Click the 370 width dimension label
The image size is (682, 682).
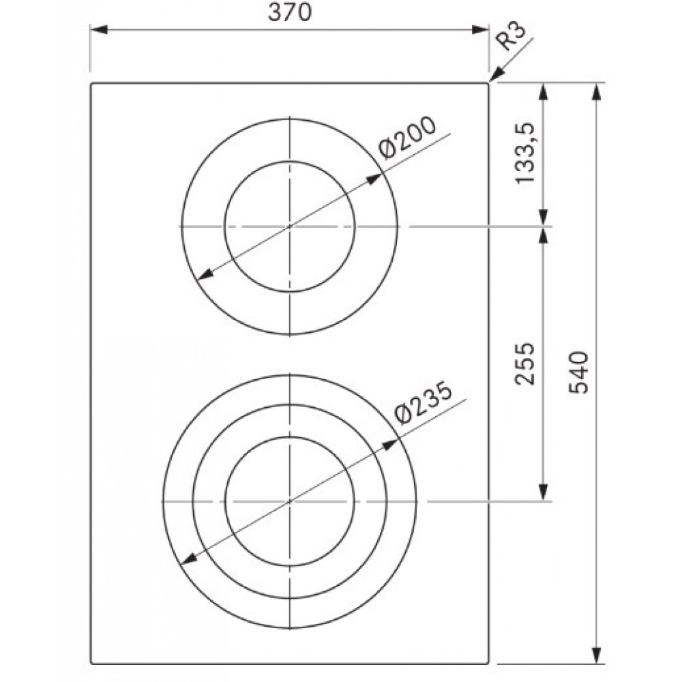[x=289, y=12]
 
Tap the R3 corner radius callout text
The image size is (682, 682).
[x=512, y=37]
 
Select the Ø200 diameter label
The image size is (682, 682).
[x=406, y=138]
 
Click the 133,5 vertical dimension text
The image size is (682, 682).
[x=524, y=153]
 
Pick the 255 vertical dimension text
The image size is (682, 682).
[x=524, y=364]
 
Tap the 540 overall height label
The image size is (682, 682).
[x=578, y=372]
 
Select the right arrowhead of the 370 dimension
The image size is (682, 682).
[x=480, y=29]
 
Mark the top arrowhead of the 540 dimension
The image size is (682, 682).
[x=597, y=91]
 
